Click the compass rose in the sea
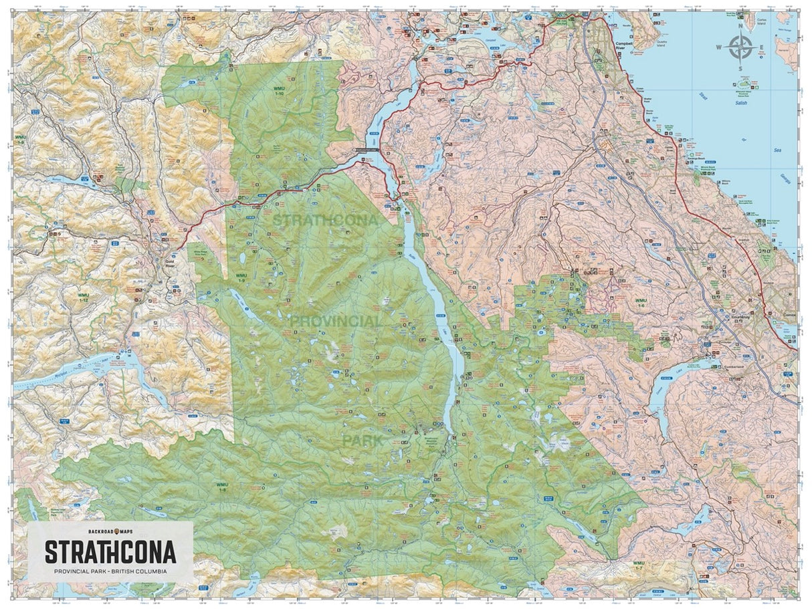(x=740, y=47)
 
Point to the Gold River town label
(x=169, y=262)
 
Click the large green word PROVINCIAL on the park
(x=336, y=322)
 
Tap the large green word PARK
(x=363, y=441)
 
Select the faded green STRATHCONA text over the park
(x=325, y=219)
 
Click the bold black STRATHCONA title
(x=110, y=552)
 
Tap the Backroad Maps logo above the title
(x=111, y=531)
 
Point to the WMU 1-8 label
(x=221, y=486)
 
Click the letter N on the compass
(x=740, y=27)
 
